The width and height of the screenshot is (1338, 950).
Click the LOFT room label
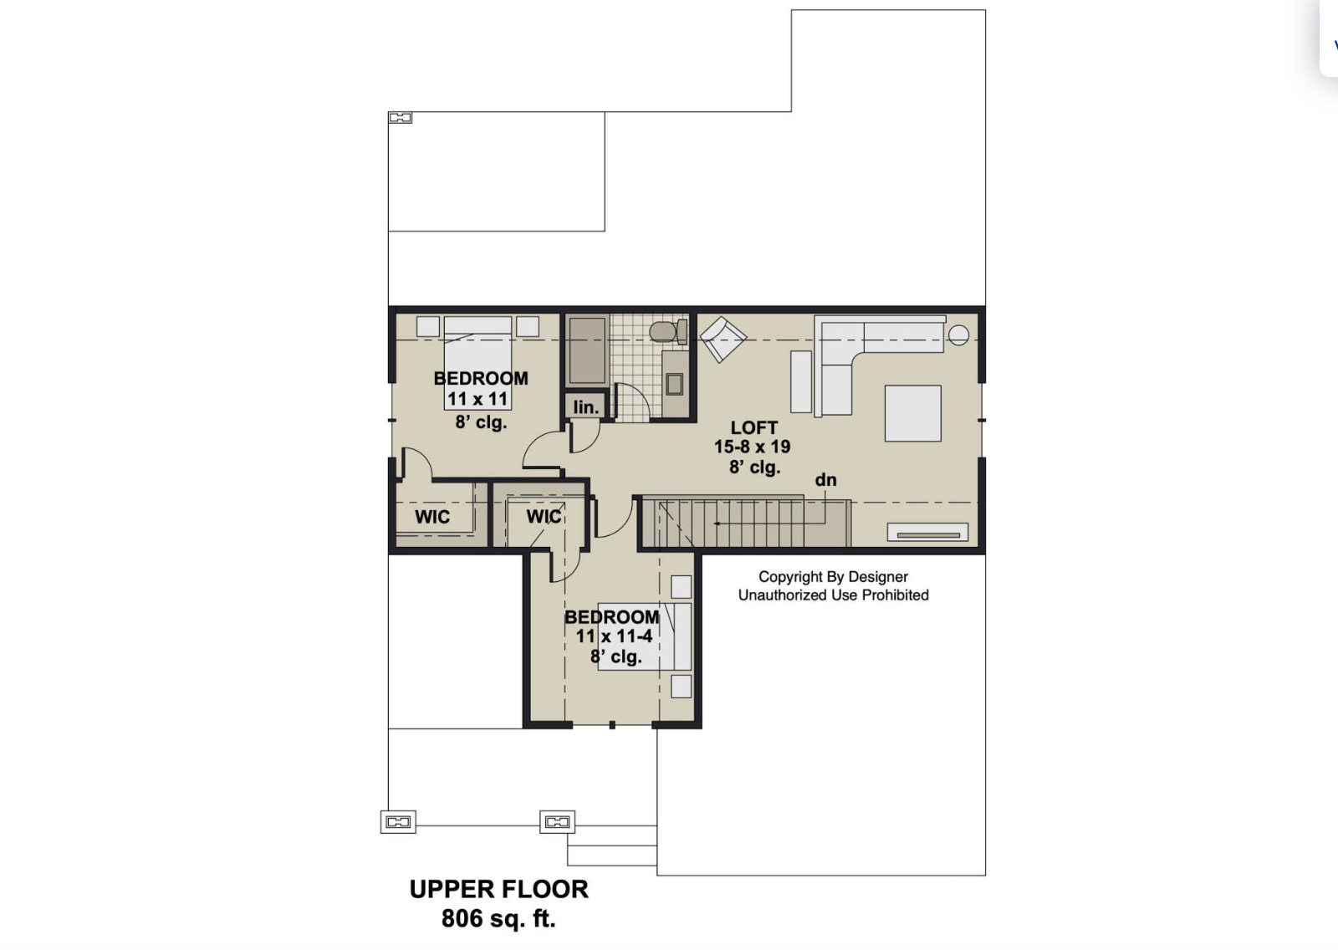(x=753, y=427)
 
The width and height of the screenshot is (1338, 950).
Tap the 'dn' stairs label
(x=825, y=480)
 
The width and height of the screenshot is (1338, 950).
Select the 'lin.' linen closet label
(x=585, y=407)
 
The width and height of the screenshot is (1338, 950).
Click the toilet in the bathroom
(x=665, y=332)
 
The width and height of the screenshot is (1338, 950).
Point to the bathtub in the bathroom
(x=587, y=350)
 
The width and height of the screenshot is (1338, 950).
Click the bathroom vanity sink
(x=674, y=384)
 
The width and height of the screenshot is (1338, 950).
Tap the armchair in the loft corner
(x=723, y=338)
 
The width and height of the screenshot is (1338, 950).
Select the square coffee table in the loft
(x=912, y=413)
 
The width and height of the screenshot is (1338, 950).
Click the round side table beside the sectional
(x=958, y=335)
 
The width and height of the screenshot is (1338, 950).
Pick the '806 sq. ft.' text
(x=498, y=918)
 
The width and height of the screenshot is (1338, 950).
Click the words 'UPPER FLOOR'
(x=498, y=889)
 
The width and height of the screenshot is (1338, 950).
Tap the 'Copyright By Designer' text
(x=833, y=577)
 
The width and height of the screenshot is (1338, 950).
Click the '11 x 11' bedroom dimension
(x=477, y=399)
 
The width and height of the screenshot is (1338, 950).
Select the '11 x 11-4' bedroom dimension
(x=614, y=636)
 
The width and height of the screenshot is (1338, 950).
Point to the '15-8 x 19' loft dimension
(x=752, y=447)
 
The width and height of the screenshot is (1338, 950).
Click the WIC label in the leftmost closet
(x=432, y=517)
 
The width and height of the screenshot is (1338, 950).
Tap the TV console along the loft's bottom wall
(x=927, y=533)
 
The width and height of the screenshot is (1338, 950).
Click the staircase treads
(x=744, y=523)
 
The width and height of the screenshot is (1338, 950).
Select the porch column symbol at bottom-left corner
(x=398, y=822)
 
